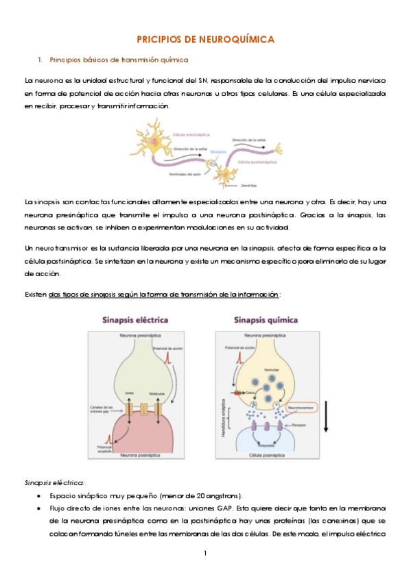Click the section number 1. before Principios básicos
point(41,60)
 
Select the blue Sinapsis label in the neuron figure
point(218,151)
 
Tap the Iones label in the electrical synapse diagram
point(130,393)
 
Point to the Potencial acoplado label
point(104,447)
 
